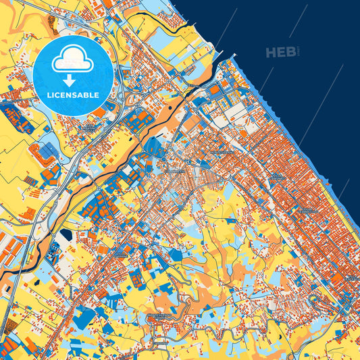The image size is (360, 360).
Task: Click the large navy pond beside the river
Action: point(66,236)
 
